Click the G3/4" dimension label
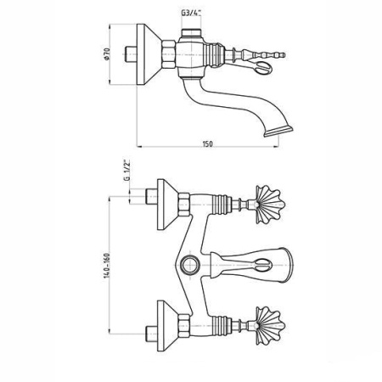191,13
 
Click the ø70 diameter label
107,53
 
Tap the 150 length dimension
207,143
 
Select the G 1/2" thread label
127,170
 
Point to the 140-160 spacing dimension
107,266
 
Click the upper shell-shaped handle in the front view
270,205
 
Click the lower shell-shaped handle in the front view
270,326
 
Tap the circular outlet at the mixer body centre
190,265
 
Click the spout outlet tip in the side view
278,132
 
